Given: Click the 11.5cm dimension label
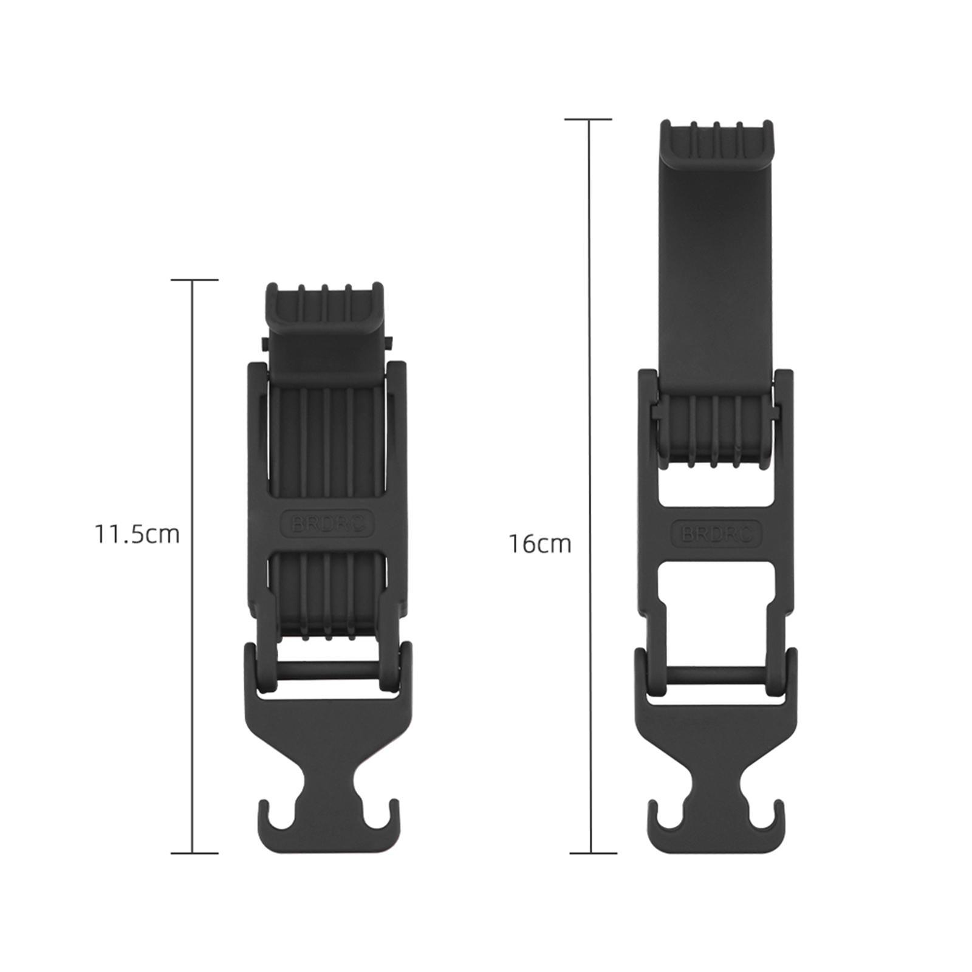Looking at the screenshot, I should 137,534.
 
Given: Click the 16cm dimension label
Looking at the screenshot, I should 540,544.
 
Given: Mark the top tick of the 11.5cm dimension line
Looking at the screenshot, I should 194,280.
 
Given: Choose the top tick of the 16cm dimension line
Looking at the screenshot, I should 589,120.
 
